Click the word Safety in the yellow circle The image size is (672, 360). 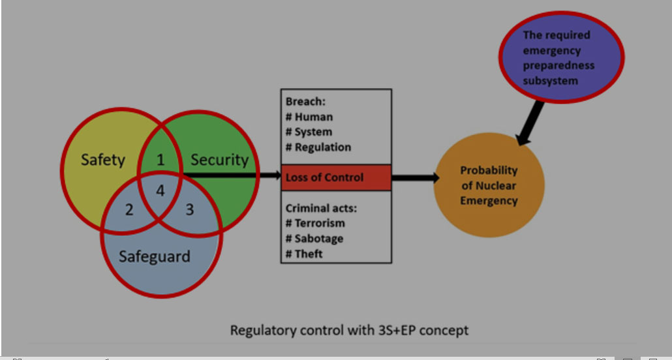pos(103,160)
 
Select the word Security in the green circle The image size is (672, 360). pos(219,160)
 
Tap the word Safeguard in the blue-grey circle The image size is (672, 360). pos(154,257)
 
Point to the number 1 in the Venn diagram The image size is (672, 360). pos(160,160)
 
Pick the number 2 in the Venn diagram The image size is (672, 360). pos(129,209)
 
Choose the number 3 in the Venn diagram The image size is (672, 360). pos(189,209)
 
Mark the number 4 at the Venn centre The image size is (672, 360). pos(160,190)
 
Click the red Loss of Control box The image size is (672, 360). pos(336,177)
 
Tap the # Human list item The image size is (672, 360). pos(309,117)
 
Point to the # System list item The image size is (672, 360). pos(309,132)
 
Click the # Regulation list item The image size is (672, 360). pos(318,147)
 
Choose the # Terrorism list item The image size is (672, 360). pos(315,223)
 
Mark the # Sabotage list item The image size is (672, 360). pos(314,239)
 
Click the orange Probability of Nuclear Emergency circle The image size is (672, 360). pos(489,185)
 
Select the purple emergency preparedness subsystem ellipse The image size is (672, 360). pos(562,57)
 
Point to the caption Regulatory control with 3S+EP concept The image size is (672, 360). pos(349,331)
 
